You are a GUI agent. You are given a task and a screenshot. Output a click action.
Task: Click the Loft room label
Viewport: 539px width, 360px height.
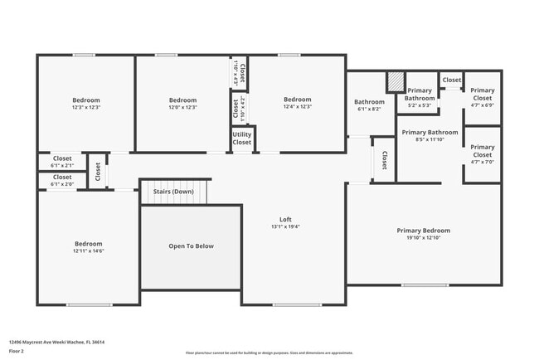(x=284, y=219)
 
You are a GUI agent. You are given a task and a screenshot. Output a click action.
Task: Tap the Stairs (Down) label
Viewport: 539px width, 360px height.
(x=173, y=191)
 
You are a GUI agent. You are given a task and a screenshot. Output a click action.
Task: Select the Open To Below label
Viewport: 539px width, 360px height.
(x=192, y=246)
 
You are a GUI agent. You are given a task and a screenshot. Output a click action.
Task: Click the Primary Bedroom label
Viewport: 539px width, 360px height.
(x=423, y=231)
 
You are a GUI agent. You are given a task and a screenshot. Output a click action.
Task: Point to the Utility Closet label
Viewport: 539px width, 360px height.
(x=242, y=139)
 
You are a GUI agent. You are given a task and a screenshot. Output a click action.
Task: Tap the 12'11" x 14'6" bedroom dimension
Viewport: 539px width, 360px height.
(x=88, y=251)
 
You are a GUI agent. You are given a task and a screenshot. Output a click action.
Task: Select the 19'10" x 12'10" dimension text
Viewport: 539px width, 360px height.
(x=423, y=238)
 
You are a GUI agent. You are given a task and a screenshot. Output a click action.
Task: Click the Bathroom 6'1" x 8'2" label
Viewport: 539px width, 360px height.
(x=370, y=102)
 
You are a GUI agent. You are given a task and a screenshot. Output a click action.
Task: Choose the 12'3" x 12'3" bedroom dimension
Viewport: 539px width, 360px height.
(x=86, y=107)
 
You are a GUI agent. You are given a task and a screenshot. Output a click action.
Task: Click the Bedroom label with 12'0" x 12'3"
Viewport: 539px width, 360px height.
(x=182, y=100)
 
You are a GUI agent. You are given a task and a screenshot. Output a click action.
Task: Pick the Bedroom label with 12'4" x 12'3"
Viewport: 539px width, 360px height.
(x=297, y=100)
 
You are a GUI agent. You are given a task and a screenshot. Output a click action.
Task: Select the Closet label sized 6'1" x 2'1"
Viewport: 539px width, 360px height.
(x=62, y=158)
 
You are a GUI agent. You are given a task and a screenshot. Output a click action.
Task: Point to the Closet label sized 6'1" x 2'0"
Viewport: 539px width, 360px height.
(x=62, y=177)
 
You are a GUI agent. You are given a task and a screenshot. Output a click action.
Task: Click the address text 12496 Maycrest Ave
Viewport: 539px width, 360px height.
(x=56, y=342)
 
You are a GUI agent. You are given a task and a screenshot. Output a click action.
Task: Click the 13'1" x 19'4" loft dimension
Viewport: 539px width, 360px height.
(x=284, y=226)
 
